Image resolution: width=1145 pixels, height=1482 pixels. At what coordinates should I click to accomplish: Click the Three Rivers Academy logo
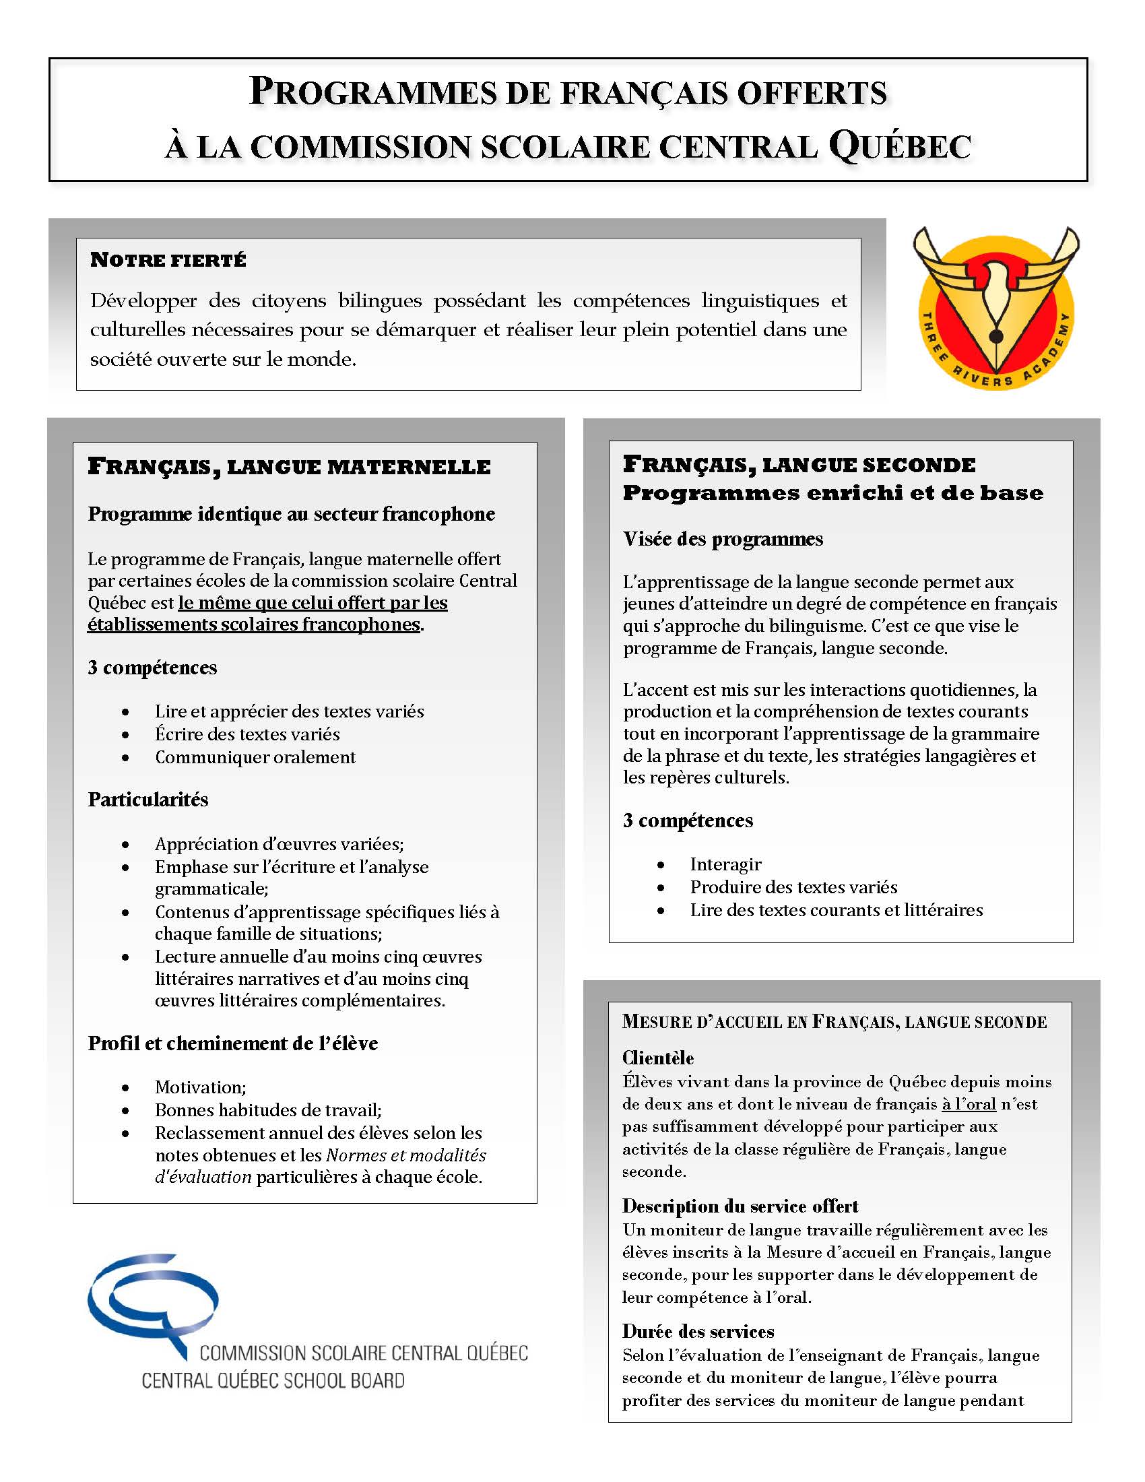click(995, 309)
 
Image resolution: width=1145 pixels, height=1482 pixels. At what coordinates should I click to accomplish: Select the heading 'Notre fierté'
click(168, 260)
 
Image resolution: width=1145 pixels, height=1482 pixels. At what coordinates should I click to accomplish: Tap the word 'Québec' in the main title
click(900, 146)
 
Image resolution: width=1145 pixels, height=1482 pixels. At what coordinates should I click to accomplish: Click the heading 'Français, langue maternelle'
click(289, 467)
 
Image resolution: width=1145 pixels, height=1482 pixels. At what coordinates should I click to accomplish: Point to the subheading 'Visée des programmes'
click(723, 539)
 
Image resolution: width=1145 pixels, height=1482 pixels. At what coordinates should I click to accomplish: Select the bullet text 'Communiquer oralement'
click(255, 757)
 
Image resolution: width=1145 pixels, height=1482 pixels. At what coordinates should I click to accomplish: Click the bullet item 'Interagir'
click(726, 864)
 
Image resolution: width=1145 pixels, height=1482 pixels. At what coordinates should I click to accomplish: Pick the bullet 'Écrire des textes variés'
click(248, 734)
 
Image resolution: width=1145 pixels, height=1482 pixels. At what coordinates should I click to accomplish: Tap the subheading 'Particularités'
click(148, 800)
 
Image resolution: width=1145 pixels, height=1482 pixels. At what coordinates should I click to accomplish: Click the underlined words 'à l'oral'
click(969, 1104)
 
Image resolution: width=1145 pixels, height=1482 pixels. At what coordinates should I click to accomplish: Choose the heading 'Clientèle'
click(658, 1058)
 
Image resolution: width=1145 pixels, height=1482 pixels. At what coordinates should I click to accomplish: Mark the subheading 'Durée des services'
click(698, 1331)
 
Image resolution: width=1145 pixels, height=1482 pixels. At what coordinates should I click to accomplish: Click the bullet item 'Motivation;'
click(201, 1087)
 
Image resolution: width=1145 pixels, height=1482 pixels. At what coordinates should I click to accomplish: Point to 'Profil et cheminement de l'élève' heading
click(232, 1043)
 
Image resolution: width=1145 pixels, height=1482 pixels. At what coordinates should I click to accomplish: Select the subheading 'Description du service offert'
click(740, 1206)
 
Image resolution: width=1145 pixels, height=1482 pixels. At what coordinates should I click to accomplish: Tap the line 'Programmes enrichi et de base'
click(833, 493)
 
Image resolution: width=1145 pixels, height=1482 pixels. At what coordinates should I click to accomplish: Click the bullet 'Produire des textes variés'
click(793, 888)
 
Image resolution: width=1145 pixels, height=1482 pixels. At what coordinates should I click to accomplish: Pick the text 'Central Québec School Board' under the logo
click(273, 1380)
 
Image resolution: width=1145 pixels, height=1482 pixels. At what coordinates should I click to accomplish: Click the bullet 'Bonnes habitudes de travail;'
click(268, 1110)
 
